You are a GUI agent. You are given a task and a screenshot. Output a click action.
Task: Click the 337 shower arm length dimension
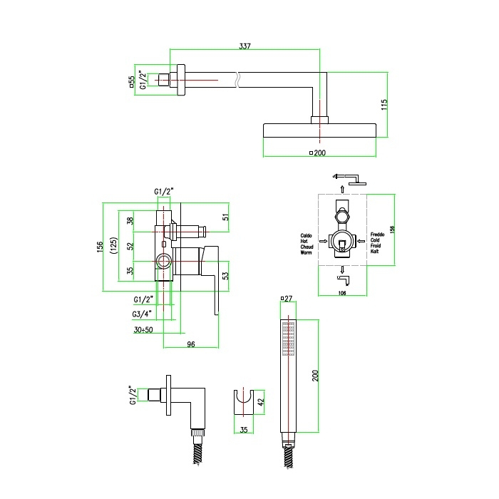(245, 46)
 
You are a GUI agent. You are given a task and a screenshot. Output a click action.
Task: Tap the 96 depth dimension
(190, 345)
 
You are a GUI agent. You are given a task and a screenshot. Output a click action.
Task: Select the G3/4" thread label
(141, 314)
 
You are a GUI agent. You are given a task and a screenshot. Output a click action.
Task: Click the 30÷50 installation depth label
(143, 330)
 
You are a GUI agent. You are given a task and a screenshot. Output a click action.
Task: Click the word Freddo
(378, 235)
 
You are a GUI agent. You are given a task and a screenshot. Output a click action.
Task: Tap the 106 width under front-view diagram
(342, 292)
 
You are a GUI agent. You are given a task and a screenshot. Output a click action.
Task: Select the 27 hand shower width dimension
(288, 299)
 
